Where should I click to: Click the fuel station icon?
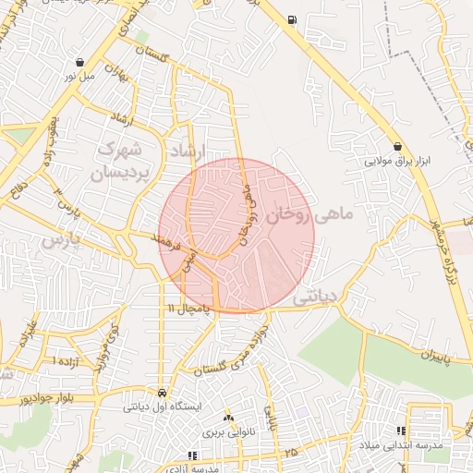[x=293, y=19]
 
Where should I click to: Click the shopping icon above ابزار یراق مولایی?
[x=397, y=146]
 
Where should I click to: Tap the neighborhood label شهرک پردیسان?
[x=122, y=161]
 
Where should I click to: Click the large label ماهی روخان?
[x=309, y=215]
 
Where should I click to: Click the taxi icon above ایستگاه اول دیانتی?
[x=163, y=391]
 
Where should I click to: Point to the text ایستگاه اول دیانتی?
[x=163, y=406]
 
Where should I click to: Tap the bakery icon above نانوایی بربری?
[x=228, y=418]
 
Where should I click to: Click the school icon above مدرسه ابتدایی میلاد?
[x=401, y=431]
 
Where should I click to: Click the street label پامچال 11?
[x=188, y=306]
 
